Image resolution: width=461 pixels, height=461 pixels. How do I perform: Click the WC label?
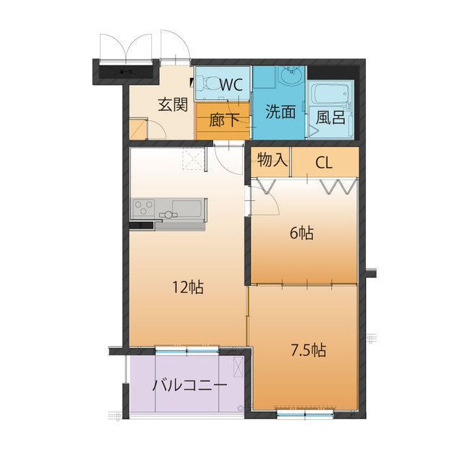(231, 85)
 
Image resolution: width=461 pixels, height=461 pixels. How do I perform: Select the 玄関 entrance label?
(173, 104)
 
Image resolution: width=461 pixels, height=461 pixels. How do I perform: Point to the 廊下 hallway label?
(224, 120)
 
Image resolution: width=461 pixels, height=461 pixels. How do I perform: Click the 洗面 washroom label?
(280, 112)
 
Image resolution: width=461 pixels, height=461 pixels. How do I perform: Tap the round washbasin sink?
(291, 76)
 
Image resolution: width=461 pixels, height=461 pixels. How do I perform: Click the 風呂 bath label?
(331, 117)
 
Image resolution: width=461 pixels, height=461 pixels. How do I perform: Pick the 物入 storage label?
(272, 160)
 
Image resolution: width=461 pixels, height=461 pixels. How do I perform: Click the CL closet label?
(324, 162)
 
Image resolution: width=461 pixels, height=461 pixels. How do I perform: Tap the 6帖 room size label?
(301, 233)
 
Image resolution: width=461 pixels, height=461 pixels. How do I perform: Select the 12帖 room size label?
(188, 287)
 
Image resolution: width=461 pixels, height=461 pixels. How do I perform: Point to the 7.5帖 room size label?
(308, 350)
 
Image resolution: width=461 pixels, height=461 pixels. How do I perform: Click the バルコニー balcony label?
(189, 385)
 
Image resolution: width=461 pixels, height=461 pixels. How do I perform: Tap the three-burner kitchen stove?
(143, 207)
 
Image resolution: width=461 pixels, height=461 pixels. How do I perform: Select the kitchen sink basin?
(187, 208)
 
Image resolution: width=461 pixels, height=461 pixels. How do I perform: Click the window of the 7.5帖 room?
(305, 414)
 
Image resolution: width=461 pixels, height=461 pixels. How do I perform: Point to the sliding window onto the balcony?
(187, 350)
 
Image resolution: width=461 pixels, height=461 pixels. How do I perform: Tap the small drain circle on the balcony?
(241, 408)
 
